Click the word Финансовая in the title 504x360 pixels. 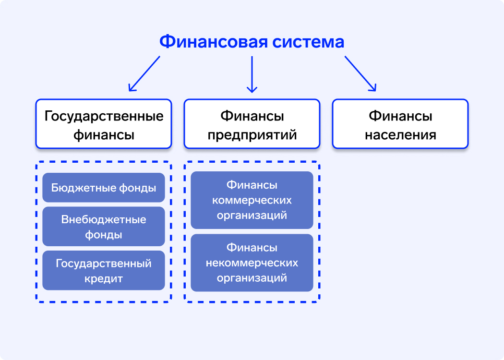click(213, 42)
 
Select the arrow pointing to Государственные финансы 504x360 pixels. click(144, 73)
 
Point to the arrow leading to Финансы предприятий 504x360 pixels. click(252, 74)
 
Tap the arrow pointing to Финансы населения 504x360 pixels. click(360, 73)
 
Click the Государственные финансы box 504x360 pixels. click(103, 124)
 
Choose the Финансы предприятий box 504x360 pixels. click(252, 124)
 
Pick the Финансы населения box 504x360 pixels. click(400, 124)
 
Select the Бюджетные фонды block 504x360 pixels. click(104, 188)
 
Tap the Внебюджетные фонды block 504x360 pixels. click(104, 227)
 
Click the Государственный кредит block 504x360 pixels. click(104, 270)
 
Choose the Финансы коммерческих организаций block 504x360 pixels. click(252, 200)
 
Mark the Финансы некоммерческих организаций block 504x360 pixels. click(252, 263)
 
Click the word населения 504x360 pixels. click(400, 135)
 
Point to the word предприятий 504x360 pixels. click(252, 135)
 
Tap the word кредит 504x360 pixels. click(104, 278)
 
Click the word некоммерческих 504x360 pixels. click(252, 263)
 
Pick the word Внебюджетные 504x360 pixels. click(104, 220)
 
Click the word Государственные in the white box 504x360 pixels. click(104, 116)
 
